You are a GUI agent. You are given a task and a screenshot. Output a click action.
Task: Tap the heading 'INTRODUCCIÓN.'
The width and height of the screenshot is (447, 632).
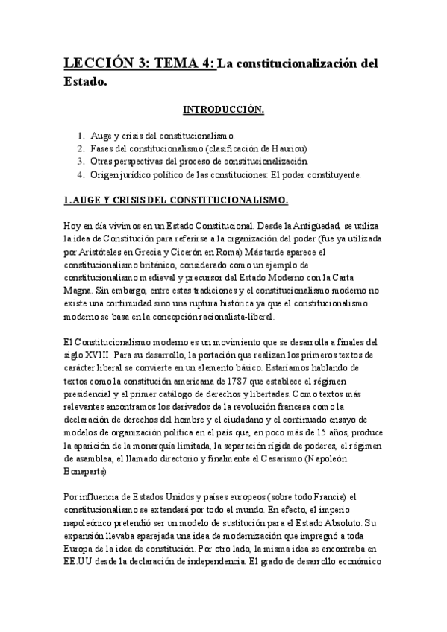coord(223,110)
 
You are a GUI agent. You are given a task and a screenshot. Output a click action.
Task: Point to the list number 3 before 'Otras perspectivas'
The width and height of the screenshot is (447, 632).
coord(81,162)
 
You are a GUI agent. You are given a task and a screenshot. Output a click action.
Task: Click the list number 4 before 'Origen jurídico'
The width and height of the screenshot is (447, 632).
coord(81,175)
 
